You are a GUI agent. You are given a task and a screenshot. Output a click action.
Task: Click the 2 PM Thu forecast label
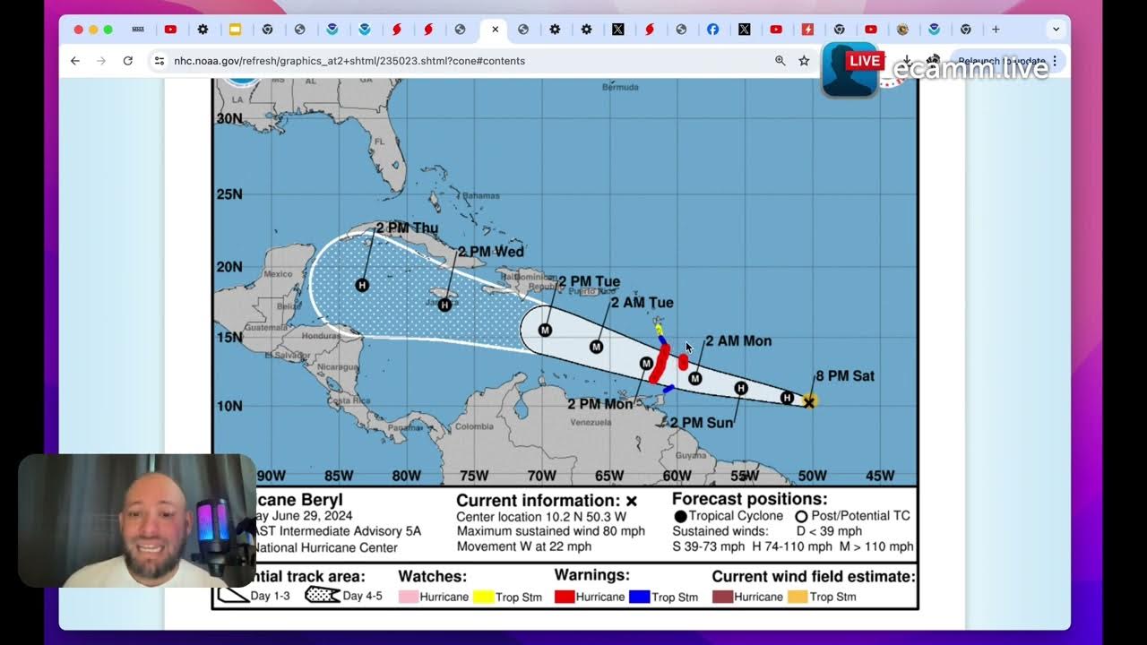point(407,228)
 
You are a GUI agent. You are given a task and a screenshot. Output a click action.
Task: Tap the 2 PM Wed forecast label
point(490,252)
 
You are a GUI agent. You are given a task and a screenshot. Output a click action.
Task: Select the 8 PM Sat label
point(844,376)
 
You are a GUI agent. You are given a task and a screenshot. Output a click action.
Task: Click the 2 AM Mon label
point(737,341)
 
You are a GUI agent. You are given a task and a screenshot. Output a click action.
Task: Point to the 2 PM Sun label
point(702,423)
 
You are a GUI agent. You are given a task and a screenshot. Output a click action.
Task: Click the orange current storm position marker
point(809,402)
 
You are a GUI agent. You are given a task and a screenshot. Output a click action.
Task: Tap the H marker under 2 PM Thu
point(362,285)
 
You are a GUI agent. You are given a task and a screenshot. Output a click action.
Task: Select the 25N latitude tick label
point(229,194)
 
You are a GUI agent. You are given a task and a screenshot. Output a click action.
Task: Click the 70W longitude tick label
point(541,476)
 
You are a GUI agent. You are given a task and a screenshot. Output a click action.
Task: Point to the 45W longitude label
point(879,476)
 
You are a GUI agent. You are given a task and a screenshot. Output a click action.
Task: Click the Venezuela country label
point(591,422)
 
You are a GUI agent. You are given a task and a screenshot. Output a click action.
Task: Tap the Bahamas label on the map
point(480,195)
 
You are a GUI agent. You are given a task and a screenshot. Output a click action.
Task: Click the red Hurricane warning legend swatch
point(565,597)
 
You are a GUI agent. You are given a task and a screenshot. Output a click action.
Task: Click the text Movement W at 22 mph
point(523,546)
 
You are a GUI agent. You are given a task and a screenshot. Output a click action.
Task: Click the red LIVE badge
point(864,61)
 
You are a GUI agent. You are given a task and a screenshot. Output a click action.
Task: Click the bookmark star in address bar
point(804,61)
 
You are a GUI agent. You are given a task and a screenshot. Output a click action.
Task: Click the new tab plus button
point(996,30)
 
